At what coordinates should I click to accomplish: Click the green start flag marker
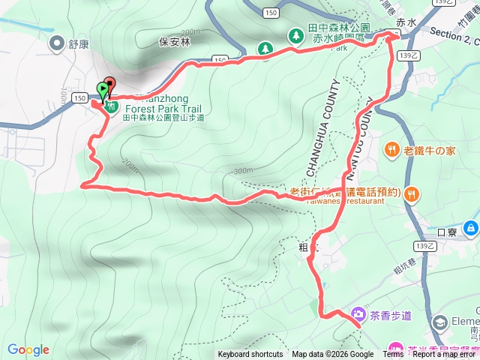click(102, 90)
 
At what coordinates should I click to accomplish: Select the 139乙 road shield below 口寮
click(425, 246)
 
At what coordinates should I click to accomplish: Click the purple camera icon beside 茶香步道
click(358, 314)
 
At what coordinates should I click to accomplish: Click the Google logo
click(28, 349)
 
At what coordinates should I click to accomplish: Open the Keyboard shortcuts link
click(250, 355)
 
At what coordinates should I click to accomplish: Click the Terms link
click(394, 355)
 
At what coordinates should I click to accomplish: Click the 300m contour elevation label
click(242, 171)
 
